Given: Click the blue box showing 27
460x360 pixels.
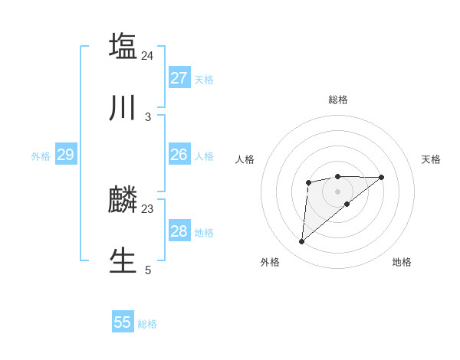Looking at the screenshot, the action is click(x=179, y=78).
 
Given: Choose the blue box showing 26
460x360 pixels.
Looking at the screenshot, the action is click(x=179, y=155).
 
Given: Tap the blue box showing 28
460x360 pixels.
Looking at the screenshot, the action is click(x=179, y=231).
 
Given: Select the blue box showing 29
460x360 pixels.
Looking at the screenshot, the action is click(x=65, y=155).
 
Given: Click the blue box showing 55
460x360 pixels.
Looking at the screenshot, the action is click(x=123, y=322).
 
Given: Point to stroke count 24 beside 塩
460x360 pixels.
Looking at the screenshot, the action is click(x=148, y=56).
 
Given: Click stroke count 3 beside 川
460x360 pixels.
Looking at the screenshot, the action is click(x=148, y=117).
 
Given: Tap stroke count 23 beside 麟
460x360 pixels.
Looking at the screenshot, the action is click(x=148, y=208).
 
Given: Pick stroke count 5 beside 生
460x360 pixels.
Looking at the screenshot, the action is click(x=148, y=270).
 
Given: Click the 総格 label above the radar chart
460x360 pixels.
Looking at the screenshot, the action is click(x=338, y=100).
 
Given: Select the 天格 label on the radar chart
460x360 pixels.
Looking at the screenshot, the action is click(x=432, y=159).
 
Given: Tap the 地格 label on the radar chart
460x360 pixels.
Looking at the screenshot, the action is click(x=402, y=262).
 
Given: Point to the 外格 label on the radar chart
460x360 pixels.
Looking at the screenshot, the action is click(x=270, y=262).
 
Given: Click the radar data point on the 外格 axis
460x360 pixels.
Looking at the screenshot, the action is click(x=301, y=242).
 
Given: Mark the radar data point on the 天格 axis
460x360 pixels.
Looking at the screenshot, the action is click(x=382, y=178).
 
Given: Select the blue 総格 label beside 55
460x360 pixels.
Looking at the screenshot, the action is click(x=147, y=324).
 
